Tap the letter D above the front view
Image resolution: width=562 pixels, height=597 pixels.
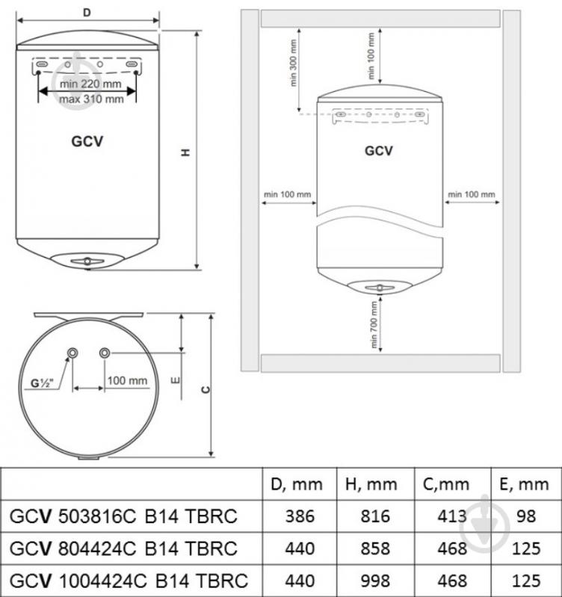click(x=87, y=13)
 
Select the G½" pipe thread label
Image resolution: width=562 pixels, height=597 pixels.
click(x=42, y=385)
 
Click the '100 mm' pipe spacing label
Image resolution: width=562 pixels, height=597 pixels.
click(x=128, y=380)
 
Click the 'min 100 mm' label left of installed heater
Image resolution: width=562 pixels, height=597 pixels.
click(x=287, y=195)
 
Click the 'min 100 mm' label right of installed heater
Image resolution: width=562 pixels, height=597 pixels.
click(x=471, y=195)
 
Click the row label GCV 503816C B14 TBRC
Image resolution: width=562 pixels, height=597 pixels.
click(x=123, y=516)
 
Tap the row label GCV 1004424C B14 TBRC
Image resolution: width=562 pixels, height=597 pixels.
click(x=128, y=580)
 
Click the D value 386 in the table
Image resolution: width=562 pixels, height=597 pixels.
click(x=300, y=516)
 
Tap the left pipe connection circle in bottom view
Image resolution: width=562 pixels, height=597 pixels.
click(x=73, y=353)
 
